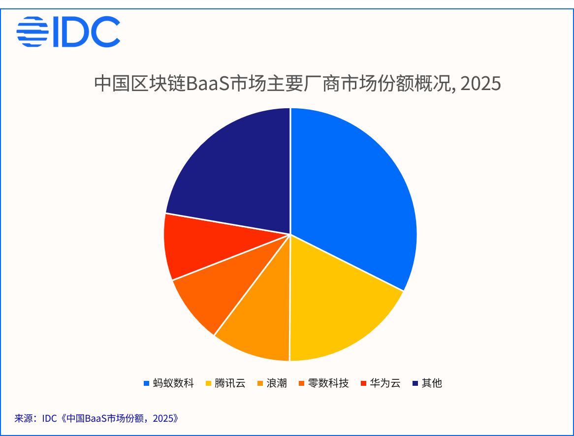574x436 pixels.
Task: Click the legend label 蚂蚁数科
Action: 173,383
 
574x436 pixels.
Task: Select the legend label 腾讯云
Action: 230,383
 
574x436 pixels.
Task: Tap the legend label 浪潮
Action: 276,383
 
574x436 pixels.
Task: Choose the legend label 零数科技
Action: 328,383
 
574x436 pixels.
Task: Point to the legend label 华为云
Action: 385,383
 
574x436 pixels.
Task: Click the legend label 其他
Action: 432,383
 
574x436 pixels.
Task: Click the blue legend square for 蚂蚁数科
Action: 146,383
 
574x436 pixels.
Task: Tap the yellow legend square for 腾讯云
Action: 208,383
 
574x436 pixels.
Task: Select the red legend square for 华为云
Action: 363,383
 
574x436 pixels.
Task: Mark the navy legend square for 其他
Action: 415,383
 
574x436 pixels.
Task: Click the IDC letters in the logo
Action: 87,31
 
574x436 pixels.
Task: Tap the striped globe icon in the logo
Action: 32,31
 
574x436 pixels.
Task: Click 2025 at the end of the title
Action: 480,84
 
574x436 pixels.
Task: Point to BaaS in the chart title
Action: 208,84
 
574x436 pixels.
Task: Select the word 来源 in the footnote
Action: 24,418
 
